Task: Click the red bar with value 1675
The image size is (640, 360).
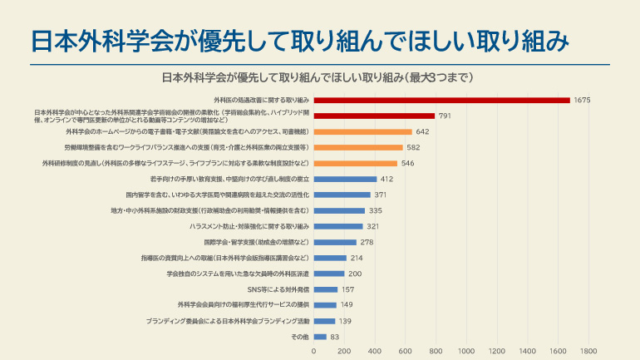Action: tap(441, 100)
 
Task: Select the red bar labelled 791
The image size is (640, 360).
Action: tap(374, 116)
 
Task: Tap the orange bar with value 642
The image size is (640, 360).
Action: tap(362, 131)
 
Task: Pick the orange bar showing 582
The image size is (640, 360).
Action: tap(358, 147)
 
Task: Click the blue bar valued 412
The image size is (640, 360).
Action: tap(345, 179)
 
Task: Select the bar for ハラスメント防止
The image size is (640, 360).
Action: tap(338, 226)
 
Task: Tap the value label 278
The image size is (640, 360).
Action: tap(367, 242)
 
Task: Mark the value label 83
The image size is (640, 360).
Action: tap(335, 337)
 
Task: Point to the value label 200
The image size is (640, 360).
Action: tap(355, 274)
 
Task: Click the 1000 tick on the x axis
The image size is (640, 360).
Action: tap(466, 351)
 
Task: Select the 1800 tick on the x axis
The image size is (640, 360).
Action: tap(588, 351)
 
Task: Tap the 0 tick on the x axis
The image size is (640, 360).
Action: tap(313, 351)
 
